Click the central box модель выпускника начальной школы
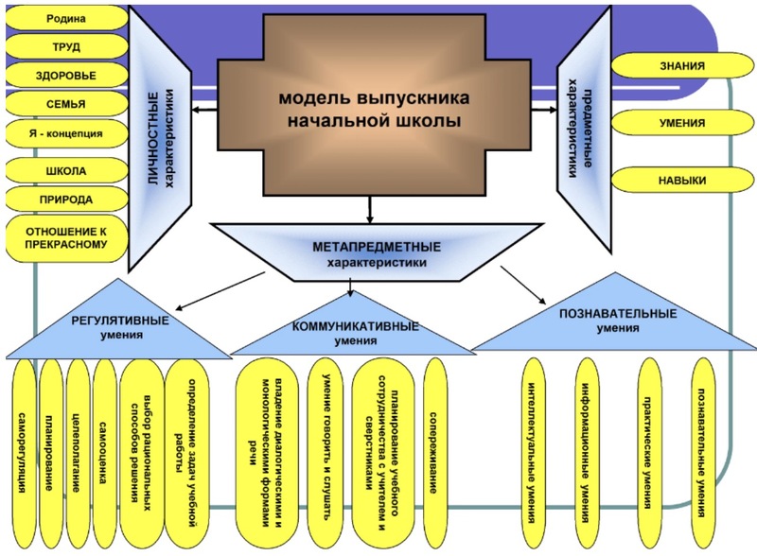tap(370, 110)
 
